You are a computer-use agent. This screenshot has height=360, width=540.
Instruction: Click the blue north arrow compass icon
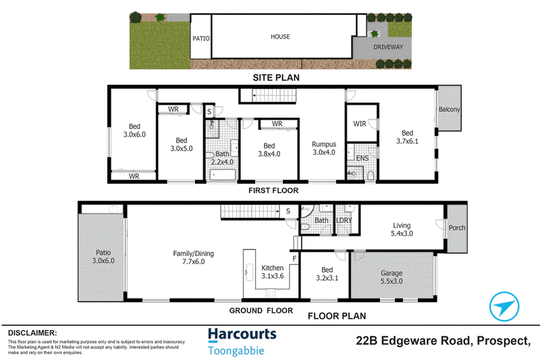(x=504, y=307)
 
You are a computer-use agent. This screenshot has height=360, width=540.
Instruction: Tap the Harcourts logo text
(x=242, y=335)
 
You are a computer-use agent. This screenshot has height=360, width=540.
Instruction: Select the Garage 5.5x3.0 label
(x=391, y=277)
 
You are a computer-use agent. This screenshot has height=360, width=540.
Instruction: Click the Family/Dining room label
(x=193, y=257)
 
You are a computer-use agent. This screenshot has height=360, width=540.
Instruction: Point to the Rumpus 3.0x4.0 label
(x=324, y=148)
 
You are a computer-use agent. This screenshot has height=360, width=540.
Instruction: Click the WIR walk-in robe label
(x=360, y=124)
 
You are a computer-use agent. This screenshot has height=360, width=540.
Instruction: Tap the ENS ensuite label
(x=362, y=158)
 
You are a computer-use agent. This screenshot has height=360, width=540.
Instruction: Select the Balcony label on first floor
(x=449, y=109)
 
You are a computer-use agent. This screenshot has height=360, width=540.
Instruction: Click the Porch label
(x=457, y=228)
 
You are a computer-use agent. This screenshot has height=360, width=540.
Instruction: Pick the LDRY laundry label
(x=344, y=220)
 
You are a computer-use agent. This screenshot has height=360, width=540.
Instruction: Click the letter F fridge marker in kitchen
(x=294, y=259)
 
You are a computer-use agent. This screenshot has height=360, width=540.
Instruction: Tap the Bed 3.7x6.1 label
(x=407, y=136)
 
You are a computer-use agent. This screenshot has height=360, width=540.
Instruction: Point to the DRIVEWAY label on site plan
(x=388, y=47)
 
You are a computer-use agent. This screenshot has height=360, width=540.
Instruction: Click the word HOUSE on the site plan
(x=280, y=36)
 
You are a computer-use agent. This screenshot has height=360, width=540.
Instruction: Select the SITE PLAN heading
(x=276, y=78)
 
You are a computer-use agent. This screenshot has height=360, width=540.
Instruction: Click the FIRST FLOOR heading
(x=273, y=190)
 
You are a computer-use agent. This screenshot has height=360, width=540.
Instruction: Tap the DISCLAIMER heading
(x=32, y=333)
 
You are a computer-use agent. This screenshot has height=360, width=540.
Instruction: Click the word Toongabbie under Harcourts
(x=236, y=351)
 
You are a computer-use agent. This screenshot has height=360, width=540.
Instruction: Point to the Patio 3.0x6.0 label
(x=103, y=257)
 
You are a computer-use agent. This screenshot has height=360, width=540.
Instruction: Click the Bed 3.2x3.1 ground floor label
(x=327, y=274)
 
